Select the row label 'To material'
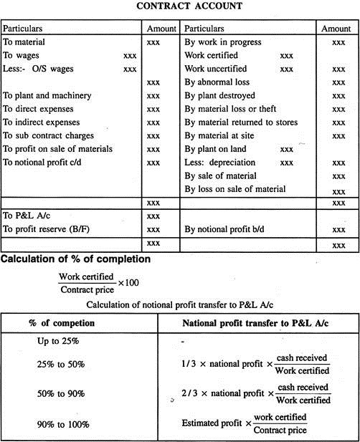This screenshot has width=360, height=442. [x=24, y=43]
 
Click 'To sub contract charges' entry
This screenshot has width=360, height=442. [x=47, y=135]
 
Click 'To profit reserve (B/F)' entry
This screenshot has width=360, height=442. [x=47, y=229]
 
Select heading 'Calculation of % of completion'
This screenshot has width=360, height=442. [x=75, y=259]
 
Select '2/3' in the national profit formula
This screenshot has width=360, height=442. [x=189, y=394]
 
